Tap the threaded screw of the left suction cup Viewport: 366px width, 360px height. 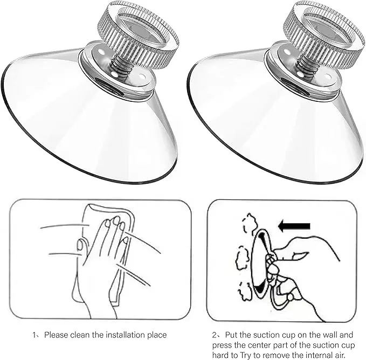pyautogui.click(x=119, y=67)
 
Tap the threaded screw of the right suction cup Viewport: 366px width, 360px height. pyautogui.click(x=306, y=67)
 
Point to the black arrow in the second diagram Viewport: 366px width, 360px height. pyautogui.click(x=295, y=225)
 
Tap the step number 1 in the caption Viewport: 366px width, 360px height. pyautogui.click(x=35, y=335)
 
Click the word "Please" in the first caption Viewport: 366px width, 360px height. pyautogui.click(x=57, y=335)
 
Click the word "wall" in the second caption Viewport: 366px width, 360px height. pyautogui.click(x=334, y=335)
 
